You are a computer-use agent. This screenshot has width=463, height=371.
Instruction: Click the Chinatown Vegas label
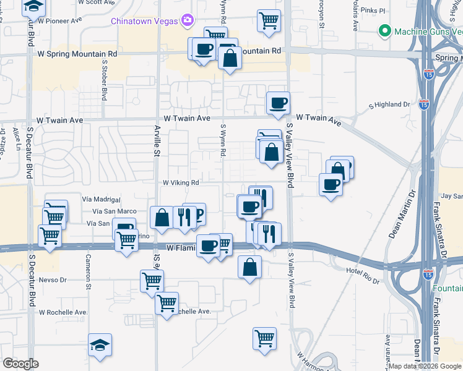click(144, 21)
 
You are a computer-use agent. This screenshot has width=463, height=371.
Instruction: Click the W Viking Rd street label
click(181, 183)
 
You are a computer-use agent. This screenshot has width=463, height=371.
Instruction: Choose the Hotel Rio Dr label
click(362, 272)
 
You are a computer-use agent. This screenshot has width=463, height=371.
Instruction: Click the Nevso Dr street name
click(52, 279)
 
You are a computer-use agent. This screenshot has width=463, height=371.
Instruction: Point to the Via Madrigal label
click(100, 199)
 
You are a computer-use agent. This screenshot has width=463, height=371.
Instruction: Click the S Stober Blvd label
click(105, 77)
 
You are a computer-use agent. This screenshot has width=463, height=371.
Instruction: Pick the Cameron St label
click(89, 272)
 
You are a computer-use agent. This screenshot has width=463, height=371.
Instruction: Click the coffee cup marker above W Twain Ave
click(278, 102)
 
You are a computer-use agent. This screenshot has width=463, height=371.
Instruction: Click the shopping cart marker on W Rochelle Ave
click(167, 303)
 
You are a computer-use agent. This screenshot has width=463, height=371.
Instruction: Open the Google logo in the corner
click(21, 364)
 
